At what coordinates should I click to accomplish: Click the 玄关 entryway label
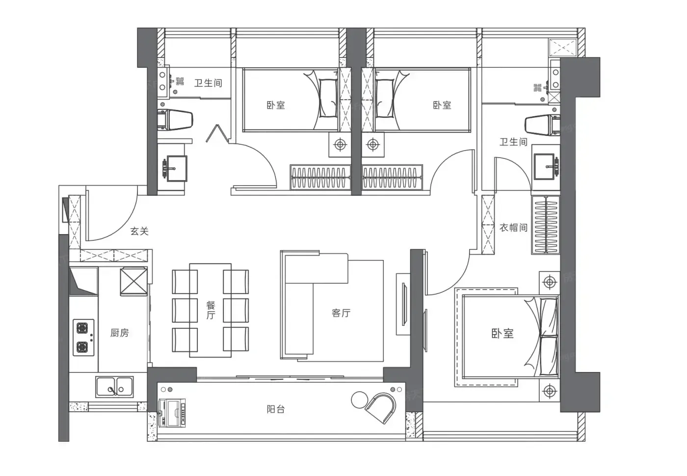tap(139, 231)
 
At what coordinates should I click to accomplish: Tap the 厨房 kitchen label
tap(120, 333)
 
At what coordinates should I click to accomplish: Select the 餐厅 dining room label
tap(211, 310)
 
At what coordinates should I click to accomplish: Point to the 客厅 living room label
tap(341, 313)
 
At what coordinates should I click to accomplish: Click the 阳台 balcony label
tap(276, 409)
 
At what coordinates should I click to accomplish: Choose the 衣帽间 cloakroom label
tap(513, 228)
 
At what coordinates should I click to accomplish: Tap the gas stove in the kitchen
tap(83, 338)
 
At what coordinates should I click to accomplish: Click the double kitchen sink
tap(114, 387)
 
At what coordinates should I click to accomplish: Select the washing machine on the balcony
tap(172, 413)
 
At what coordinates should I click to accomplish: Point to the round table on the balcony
tap(360, 400)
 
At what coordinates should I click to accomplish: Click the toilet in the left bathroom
tap(175, 120)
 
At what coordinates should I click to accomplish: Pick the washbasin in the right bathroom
tap(546, 166)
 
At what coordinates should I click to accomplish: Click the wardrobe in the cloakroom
tap(546, 225)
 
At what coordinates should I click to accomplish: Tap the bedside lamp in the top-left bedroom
tap(340, 144)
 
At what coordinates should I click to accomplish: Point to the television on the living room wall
tap(404, 304)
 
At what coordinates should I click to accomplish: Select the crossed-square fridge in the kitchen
tap(133, 282)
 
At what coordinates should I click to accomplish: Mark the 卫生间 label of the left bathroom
tap(208, 83)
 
